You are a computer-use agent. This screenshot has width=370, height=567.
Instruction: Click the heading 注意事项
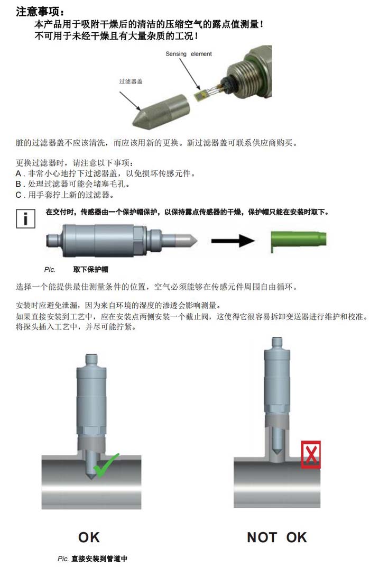(41, 12)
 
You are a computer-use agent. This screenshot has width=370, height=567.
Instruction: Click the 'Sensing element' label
(188, 54)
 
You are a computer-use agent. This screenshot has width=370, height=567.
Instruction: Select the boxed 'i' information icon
(25, 218)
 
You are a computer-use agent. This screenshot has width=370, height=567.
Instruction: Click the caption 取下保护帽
(90, 269)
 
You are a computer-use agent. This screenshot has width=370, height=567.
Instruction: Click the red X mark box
(311, 454)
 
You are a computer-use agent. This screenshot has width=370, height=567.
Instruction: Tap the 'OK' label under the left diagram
(89, 537)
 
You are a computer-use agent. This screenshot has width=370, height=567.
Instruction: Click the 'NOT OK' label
(276, 537)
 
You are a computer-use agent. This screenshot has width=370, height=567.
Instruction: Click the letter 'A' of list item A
(18, 173)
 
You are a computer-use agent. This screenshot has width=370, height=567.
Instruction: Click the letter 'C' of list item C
(18, 195)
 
